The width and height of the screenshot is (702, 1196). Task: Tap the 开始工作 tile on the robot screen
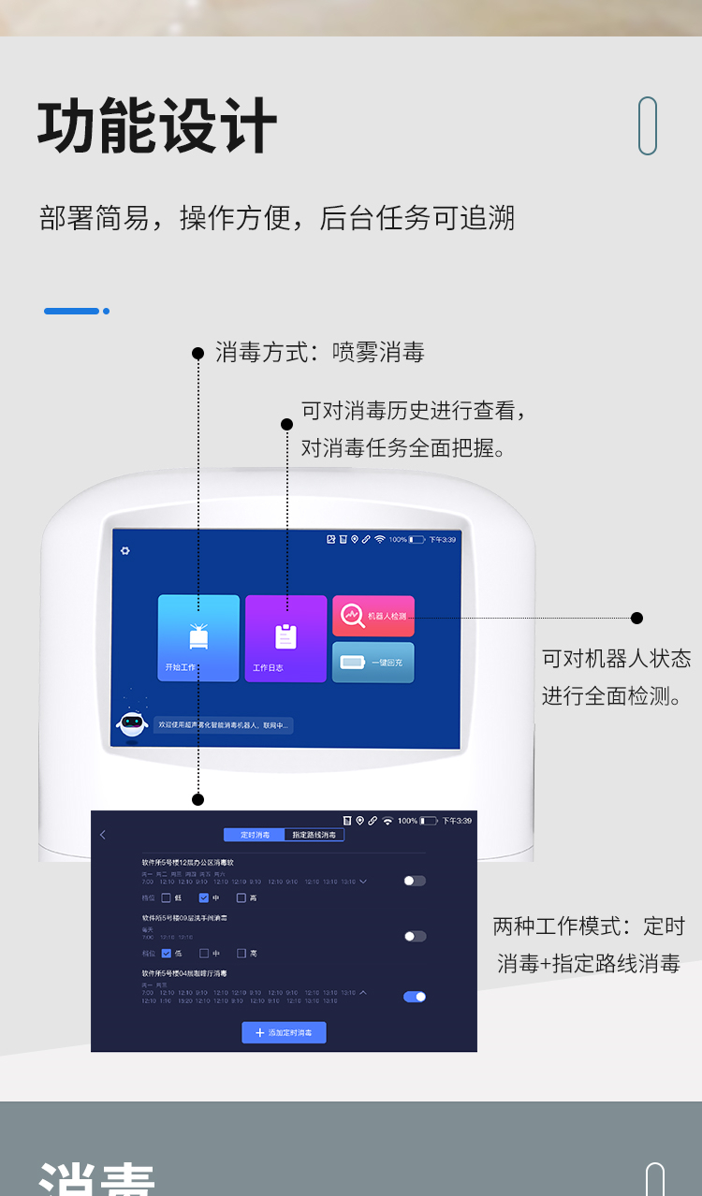pos(198,637)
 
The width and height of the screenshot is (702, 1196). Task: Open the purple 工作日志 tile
pos(285,638)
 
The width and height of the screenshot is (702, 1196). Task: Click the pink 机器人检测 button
pos(373,616)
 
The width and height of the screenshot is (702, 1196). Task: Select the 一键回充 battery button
pos(373,663)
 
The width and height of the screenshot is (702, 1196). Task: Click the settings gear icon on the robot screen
pos(125,550)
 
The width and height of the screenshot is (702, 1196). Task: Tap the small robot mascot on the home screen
pos(132,722)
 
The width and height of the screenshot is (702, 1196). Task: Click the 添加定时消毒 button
pos(284,1032)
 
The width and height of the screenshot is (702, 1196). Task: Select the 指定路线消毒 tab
pos(314,835)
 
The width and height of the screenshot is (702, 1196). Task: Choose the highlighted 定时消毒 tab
pos(255,835)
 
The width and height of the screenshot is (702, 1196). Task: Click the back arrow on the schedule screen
pos(103,835)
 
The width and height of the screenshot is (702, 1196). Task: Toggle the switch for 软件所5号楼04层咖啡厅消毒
pos(414,997)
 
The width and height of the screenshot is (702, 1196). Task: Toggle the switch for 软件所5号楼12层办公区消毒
pos(414,881)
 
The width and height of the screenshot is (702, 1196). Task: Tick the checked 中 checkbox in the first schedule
pos(204,897)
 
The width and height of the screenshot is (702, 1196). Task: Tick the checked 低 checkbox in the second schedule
pos(167,954)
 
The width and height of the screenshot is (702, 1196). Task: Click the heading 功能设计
pos(157,126)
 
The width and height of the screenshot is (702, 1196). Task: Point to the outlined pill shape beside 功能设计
pos(648,125)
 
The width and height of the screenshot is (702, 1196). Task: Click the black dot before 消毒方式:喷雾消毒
pos(197,353)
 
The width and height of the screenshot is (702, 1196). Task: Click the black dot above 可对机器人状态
pos(636,618)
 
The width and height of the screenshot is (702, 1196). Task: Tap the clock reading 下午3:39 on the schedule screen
pos(457,821)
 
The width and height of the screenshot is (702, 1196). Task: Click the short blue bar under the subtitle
pos(72,311)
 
